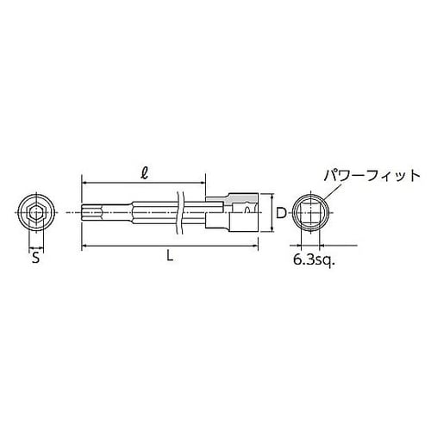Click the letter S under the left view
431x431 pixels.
35,256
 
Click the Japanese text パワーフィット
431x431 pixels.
372,175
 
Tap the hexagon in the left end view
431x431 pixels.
35,211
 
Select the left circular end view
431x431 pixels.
35,211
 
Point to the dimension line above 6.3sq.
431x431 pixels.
313,244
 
